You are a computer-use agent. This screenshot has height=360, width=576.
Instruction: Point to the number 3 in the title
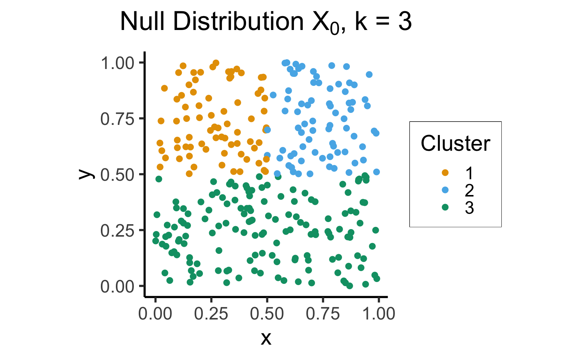pos(405,22)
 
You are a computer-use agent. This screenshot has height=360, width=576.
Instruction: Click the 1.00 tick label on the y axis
pos(117,63)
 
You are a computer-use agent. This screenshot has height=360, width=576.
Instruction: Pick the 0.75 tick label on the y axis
pos(117,119)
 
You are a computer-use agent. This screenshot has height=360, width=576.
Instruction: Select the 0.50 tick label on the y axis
pos(117,175)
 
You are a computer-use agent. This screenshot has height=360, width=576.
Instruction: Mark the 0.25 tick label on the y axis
pos(117,231)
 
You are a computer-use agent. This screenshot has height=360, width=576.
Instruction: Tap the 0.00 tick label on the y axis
pos(117,286)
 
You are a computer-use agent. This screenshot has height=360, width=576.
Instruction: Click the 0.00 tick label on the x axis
pos(155,313)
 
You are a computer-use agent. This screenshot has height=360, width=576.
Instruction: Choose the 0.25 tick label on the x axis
pos(211,313)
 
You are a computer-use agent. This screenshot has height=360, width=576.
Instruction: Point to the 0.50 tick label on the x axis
pos(267,313)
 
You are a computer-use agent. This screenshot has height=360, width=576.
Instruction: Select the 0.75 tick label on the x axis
pos(323,313)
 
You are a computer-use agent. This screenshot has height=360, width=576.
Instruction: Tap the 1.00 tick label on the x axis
pos(378,313)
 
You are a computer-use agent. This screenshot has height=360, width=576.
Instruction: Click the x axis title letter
pos(266,338)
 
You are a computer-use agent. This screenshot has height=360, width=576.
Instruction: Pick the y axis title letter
pos(86,174)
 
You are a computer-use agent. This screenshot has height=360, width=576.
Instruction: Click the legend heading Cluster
pos(455,144)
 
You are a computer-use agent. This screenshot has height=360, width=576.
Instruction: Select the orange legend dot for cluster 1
pos(445,173)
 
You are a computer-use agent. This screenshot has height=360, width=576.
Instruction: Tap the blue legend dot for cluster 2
pos(445,190)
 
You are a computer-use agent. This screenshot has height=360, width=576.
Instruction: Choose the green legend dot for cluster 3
pos(445,207)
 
